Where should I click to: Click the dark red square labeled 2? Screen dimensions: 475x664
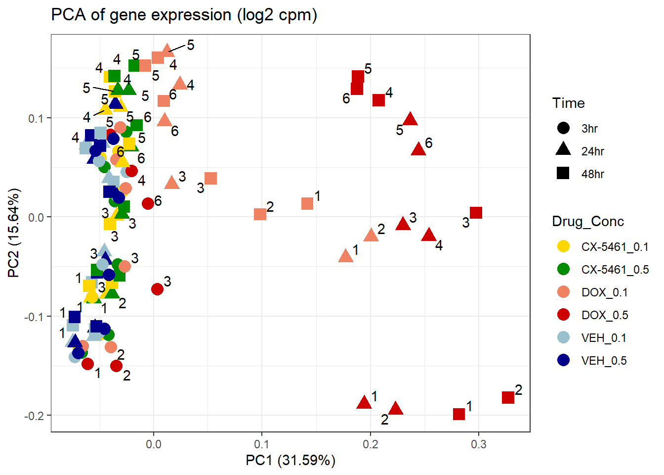508,397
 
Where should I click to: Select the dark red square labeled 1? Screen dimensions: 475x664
459,414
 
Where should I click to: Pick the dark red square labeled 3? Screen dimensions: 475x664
476,213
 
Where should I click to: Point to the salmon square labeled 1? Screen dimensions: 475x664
307,203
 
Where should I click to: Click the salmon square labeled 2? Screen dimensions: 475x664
260,214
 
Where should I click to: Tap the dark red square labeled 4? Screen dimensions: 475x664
378,100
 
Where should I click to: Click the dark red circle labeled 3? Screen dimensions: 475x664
157,289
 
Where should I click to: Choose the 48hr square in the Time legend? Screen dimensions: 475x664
563,174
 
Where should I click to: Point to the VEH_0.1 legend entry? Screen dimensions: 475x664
604,338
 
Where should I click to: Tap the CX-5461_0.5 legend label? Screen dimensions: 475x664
615,270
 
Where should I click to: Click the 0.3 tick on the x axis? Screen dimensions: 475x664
478,444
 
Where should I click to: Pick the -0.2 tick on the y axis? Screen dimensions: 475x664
34,416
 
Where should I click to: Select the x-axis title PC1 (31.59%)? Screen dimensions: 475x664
290,461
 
